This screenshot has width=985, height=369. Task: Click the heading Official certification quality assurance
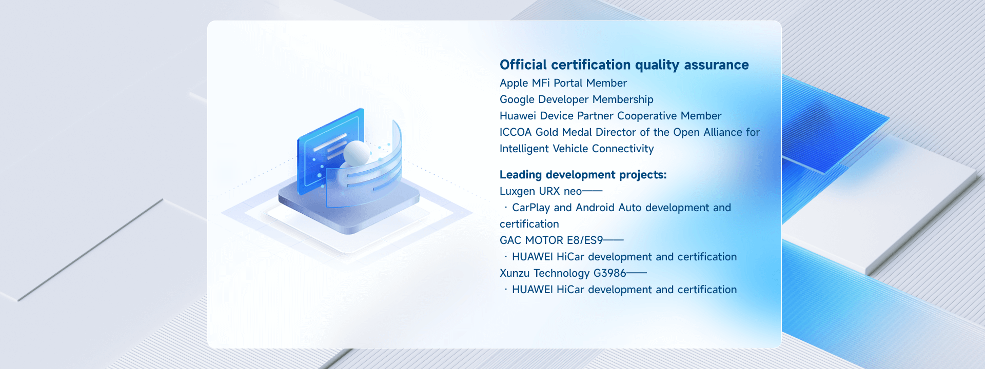[x=624, y=65]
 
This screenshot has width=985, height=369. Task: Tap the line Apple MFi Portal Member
[x=563, y=83]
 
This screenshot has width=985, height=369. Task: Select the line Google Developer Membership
[x=577, y=99]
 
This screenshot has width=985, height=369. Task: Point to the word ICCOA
[x=516, y=132]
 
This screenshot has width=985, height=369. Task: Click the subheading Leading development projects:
[x=583, y=175]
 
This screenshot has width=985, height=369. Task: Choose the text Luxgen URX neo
[x=541, y=191]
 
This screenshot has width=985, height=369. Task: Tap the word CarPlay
[x=531, y=208]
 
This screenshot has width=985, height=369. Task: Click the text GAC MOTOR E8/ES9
[x=551, y=240]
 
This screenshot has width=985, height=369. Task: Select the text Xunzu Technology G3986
[x=563, y=273]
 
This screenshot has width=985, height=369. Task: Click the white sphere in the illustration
[x=357, y=153]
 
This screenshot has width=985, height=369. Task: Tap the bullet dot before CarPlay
[x=506, y=208]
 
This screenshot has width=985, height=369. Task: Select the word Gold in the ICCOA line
[x=547, y=132]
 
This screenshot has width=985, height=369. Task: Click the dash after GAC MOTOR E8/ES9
[x=614, y=240]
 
